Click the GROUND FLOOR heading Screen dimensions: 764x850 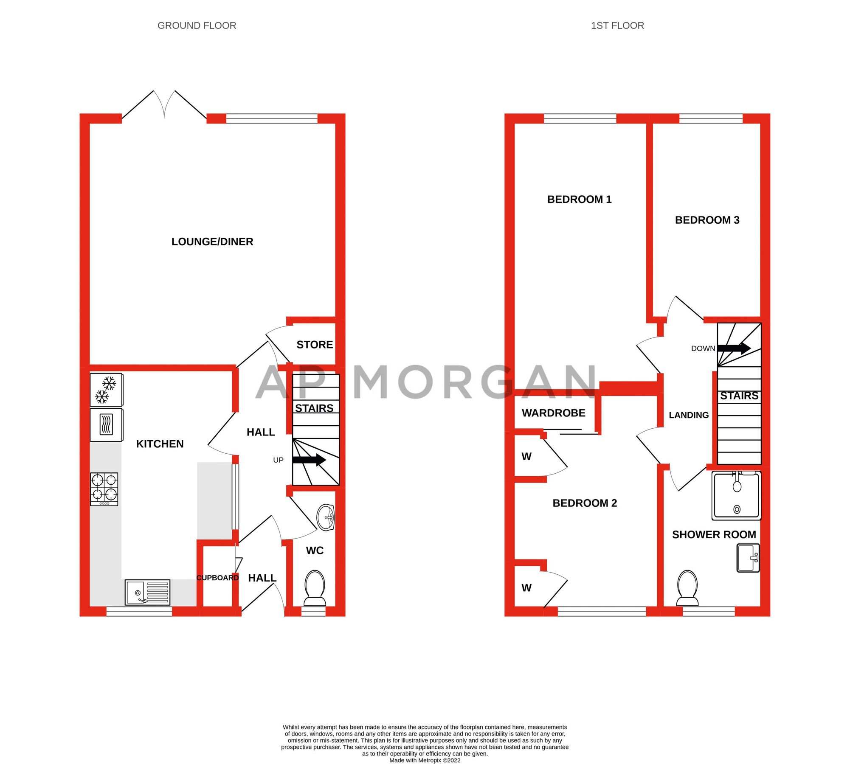point(197,25)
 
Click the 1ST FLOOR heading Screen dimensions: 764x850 point(617,25)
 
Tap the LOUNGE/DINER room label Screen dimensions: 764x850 point(212,242)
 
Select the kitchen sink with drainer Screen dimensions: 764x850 point(147,592)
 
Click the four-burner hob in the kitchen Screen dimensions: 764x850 point(104,489)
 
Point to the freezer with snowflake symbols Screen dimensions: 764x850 point(106,390)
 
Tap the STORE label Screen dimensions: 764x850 point(314,345)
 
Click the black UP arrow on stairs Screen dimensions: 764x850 point(309,460)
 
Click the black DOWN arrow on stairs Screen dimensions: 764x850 point(734,348)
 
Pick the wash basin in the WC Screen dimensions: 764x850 point(326,518)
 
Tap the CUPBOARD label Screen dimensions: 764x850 point(217,578)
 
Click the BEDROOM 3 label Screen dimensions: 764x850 point(706,220)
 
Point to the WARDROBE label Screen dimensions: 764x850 point(553,413)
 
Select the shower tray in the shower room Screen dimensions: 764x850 point(736,495)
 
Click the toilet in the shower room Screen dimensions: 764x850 point(687,589)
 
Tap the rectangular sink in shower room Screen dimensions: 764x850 point(748,558)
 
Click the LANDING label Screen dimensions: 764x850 point(688,415)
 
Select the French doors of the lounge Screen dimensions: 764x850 point(164,105)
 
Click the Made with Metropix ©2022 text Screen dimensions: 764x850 point(425,760)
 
